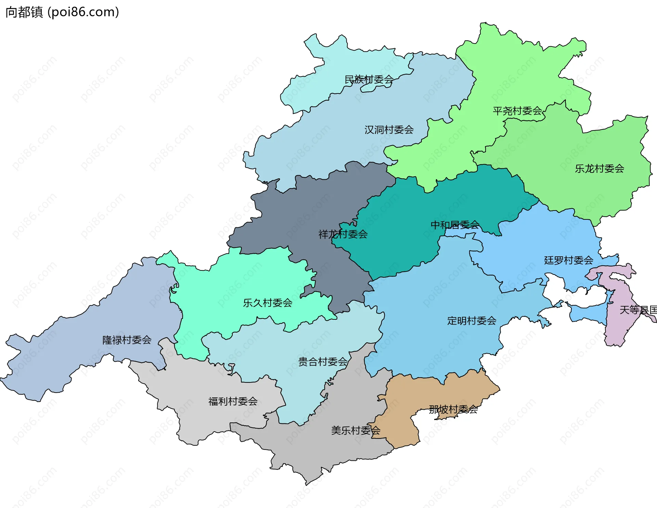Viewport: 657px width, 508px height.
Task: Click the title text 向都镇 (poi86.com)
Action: pyautogui.click(x=62, y=12)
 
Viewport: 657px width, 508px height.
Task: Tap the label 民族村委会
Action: pyautogui.click(x=369, y=80)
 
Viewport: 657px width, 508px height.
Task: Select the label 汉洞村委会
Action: pyautogui.click(x=389, y=130)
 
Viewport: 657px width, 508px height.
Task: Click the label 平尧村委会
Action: pyautogui.click(x=517, y=111)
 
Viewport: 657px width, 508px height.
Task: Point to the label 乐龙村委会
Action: pyautogui.click(x=600, y=168)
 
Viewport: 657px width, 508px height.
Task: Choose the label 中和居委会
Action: pyautogui.click(x=455, y=225)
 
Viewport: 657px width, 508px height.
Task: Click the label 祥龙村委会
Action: pyautogui.click(x=343, y=234)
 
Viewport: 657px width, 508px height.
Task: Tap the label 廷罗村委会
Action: pyautogui.click(x=569, y=260)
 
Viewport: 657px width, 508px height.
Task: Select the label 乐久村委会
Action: pyautogui.click(x=268, y=303)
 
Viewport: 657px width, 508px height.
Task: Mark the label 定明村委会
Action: pyautogui.click(x=472, y=321)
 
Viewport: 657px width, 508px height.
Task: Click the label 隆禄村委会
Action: pyautogui.click(x=127, y=340)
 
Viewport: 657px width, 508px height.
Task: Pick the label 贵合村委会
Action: pyautogui.click(x=323, y=362)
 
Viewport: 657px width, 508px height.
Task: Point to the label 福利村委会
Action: pyautogui.click(x=233, y=401)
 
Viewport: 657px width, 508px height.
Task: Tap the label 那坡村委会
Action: pyautogui.click(x=453, y=409)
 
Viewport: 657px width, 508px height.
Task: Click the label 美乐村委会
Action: pyautogui.click(x=356, y=430)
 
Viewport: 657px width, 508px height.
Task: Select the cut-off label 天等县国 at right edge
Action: pyautogui.click(x=638, y=310)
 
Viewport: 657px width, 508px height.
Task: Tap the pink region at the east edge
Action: pyautogui.click(x=619, y=329)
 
